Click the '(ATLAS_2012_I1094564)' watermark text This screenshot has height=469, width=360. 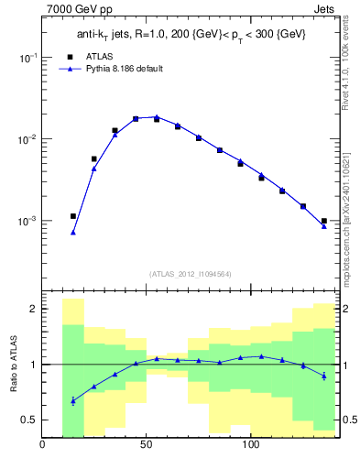[190, 273]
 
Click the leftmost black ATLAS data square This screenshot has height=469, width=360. [73, 216]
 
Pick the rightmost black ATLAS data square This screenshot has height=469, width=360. [324, 221]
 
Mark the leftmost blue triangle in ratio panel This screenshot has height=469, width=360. [73, 400]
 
